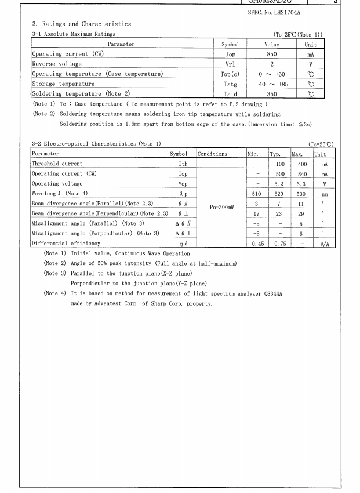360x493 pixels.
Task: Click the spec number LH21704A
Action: (283, 12)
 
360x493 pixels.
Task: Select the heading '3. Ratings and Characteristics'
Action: (81, 24)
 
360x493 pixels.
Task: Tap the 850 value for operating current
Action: (271, 54)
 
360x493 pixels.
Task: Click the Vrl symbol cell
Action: (230, 64)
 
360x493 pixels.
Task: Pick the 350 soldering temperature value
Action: (271, 93)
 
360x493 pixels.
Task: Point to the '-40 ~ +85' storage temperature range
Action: (271, 84)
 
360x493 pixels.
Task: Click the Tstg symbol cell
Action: (230, 84)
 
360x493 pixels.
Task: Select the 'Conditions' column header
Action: (212, 154)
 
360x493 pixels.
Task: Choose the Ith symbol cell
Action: (183, 164)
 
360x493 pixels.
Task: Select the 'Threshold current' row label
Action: (57, 164)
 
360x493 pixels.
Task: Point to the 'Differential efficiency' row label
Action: (66, 244)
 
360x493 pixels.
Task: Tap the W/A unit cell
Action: (324, 244)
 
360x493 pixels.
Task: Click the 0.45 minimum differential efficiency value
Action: (257, 244)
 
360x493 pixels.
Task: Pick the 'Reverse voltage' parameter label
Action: (57, 64)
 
